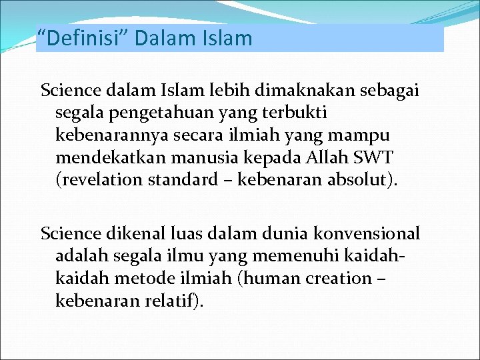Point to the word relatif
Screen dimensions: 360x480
tap(172, 301)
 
